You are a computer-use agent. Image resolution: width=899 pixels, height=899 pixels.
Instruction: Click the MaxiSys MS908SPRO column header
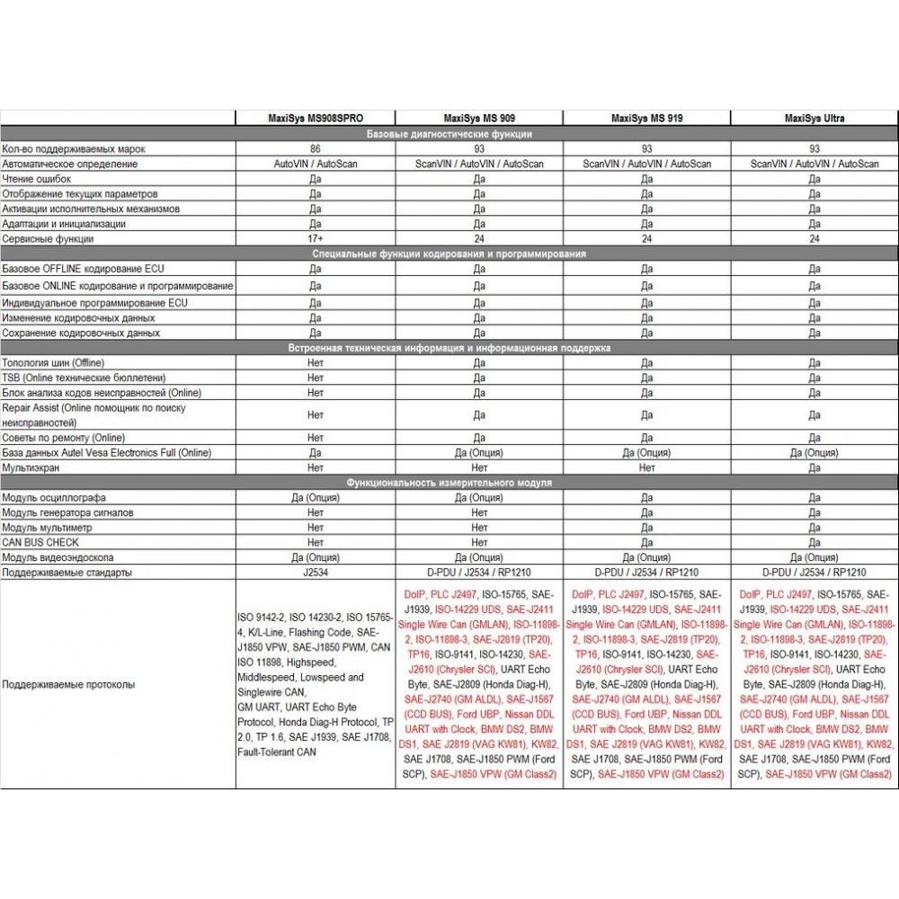coord(316,118)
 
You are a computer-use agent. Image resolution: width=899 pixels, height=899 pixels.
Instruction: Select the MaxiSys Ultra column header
coord(814,118)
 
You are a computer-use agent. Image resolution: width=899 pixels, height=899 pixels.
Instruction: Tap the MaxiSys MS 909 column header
coord(478,118)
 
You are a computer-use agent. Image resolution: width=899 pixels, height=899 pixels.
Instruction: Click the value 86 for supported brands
coord(316,148)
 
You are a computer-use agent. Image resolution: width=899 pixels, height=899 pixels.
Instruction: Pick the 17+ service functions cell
coord(316,239)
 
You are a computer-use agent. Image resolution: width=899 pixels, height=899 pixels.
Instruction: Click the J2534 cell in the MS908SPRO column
coord(316,572)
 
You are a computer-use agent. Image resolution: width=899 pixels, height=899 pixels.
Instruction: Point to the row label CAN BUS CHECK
coord(40,542)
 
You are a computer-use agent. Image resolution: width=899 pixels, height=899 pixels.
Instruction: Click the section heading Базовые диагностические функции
coord(449,134)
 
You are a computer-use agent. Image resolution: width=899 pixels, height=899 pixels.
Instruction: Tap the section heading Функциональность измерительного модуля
coord(449,483)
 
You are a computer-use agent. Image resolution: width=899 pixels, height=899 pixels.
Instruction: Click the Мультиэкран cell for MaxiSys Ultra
coord(814,467)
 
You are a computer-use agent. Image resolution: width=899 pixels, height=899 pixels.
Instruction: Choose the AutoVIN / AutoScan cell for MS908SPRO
coord(316,164)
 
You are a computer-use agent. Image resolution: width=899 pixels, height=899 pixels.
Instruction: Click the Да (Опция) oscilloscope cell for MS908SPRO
coord(316,497)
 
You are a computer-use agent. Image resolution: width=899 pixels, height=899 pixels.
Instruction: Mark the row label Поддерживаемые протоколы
coord(69,684)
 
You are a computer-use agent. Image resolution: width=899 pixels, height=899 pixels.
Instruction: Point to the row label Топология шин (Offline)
coord(53,362)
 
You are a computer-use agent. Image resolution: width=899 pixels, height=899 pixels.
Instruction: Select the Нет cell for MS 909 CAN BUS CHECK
coord(478,542)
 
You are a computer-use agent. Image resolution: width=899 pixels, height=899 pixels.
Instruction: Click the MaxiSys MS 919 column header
coord(646,118)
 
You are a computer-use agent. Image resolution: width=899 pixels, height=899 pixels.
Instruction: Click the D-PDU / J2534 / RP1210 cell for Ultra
coord(814,572)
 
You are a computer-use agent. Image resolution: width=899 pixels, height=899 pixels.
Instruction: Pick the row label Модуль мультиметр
coord(49,528)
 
